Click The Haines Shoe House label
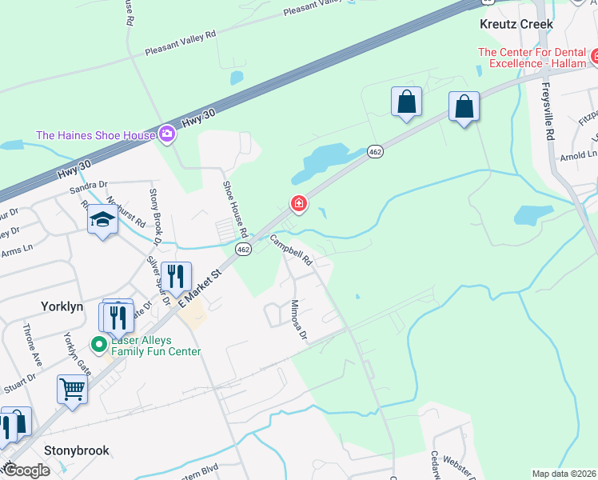tap(95, 134)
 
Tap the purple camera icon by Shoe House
tap(166, 134)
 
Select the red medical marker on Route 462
tap(299, 205)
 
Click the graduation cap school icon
tap(102, 219)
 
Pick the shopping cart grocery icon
tap(72, 390)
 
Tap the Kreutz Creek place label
tap(516, 24)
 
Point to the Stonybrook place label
tap(76, 450)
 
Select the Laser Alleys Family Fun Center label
tap(157, 346)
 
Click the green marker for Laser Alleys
tap(98, 345)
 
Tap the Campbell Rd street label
tap(290, 250)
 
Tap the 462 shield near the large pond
tap(375, 151)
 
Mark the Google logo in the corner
tap(26, 470)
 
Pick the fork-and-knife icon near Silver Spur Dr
tap(177, 277)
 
